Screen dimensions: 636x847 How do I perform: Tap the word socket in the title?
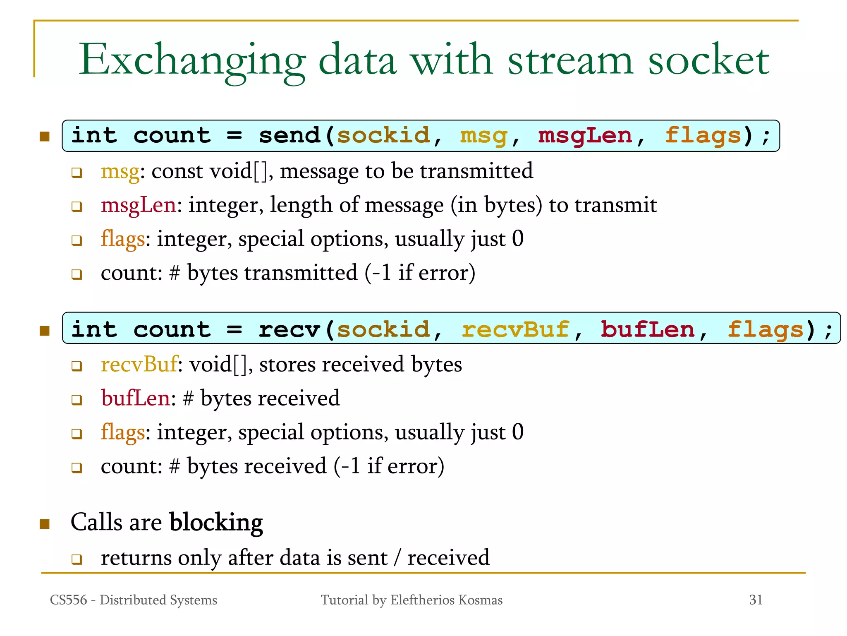tap(708, 60)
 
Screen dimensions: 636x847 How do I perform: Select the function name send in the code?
tap(289, 136)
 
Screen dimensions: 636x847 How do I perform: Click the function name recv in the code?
tap(289, 330)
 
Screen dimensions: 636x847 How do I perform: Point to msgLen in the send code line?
tap(585, 136)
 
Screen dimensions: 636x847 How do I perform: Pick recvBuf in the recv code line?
tap(515, 330)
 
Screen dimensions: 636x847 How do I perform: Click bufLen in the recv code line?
tap(647, 330)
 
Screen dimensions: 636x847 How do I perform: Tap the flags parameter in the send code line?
tap(703, 136)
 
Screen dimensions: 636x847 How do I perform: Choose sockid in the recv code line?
tap(383, 330)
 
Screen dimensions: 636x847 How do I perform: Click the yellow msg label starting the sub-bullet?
tap(120, 172)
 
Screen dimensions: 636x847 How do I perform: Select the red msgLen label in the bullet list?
tap(139, 205)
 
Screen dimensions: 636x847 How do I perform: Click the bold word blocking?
tap(216, 523)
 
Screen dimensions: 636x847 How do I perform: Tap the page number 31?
tap(756, 600)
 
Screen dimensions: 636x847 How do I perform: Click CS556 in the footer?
tap(68, 600)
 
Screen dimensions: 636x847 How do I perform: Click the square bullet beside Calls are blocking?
tap(45, 524)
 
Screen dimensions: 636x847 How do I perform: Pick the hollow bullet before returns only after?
tap(77, 559)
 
